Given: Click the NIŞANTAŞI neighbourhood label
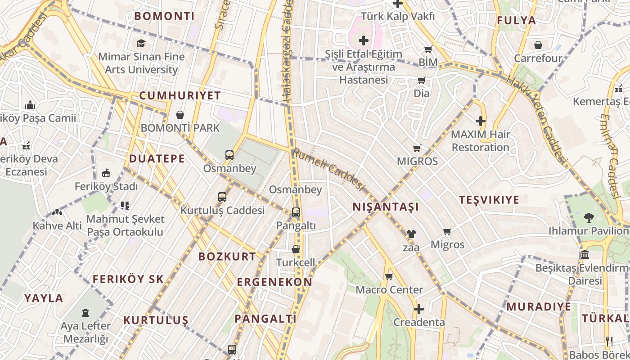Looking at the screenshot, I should pyautogui.click(x=386, y=207).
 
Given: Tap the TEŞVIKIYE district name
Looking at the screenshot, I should pyautogui.click(x=489, y=200).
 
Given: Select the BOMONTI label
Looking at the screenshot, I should pyautogui.click(x=165, y=16).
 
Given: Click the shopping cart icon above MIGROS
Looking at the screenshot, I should pyautogui.click(x=417, y=148).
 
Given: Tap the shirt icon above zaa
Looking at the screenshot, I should pyautogui.click(x=411, y=234).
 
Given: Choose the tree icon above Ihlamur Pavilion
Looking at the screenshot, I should pyautogui.click(x=589, y=218).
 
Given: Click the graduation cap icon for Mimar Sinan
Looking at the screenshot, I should pyautogui.click(x=141, y=44).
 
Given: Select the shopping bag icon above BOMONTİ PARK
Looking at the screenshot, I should pyautogui.click(x=180, y=115).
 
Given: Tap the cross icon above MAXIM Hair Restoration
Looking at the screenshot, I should pyautogui.click(x=481, y=121).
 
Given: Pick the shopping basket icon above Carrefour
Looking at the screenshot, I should pyautogui.click(x=538, y=45).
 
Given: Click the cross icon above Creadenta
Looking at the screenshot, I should pyautogui.click(x=419, y=309).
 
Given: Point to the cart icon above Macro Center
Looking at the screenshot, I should pyautogui.click(x=389, y=276).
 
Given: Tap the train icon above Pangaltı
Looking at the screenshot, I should pyautogui.click(x=296, y=212).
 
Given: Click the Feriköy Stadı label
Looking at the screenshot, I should pyautogui.click(x=106, y=186).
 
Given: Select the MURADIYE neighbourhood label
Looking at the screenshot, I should pyautogui.click(x=539, y=307).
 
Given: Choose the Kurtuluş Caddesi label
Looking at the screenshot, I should pyautogui.click(x=222, y=210).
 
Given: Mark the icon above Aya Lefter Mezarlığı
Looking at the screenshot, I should pyautogui.click(x=85, y=313).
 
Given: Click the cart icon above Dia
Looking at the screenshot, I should pyautogui.click(x=422, y=81).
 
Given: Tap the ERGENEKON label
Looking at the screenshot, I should pyautogui.click(x=274, y=282).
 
